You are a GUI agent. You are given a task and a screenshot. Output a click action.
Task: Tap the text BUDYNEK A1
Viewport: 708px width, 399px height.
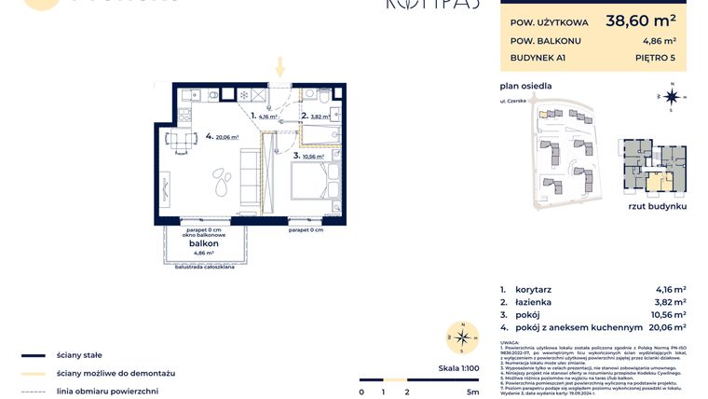point(538,58)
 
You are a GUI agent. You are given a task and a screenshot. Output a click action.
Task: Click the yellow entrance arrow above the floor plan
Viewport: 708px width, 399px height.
point(278,66)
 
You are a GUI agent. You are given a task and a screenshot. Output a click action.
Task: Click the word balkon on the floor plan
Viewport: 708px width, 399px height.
point(204,242)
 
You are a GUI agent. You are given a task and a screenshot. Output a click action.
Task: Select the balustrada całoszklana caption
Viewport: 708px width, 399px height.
point(204,268)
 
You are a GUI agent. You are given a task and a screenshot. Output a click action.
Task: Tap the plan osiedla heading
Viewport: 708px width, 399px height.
point(525,86)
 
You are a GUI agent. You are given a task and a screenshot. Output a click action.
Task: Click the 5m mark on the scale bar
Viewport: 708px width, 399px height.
point(473,392)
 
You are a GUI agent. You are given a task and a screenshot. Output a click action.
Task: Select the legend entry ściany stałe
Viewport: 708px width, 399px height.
point(78,355)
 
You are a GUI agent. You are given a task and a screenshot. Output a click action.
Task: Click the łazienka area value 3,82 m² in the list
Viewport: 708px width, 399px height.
point(668,302)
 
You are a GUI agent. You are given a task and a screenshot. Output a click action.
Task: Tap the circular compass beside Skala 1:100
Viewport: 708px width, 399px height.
point(458,337)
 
